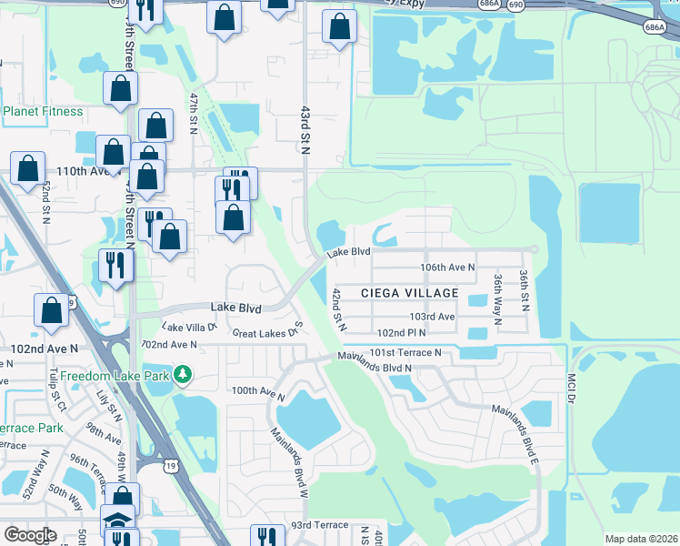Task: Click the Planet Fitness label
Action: [43, 112]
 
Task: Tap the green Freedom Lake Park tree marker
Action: [183, 374]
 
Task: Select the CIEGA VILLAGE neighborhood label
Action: [409, 293]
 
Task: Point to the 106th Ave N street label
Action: [447, 268]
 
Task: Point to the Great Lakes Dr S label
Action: [267, 331]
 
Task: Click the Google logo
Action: [30, 534]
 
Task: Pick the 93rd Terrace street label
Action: [319, 526]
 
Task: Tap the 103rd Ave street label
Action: [432, 316]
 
